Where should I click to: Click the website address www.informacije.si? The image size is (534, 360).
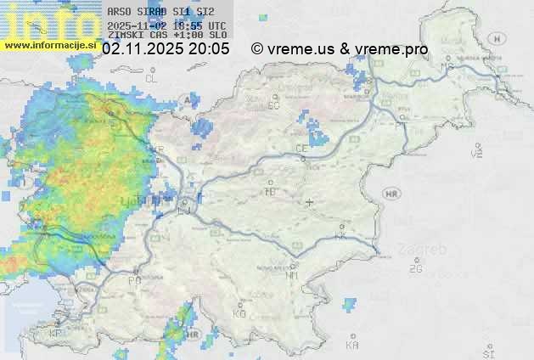[x=49, y=45]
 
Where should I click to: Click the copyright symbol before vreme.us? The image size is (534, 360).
[x=257, y=49]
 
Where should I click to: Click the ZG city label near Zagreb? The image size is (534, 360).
[x=415, y=269]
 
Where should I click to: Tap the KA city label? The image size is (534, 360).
[x=352, y=345]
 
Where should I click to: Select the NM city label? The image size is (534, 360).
[x=293, y=275]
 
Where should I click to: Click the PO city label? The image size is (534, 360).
[x=133, y=280]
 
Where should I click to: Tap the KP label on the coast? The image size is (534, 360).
[x=56, y=334]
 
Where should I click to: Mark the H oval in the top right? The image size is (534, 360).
[x=497, y=38]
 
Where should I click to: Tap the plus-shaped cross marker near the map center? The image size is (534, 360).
[x=310, y=202]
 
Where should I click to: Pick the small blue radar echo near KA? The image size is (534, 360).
[x=349, y=301]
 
